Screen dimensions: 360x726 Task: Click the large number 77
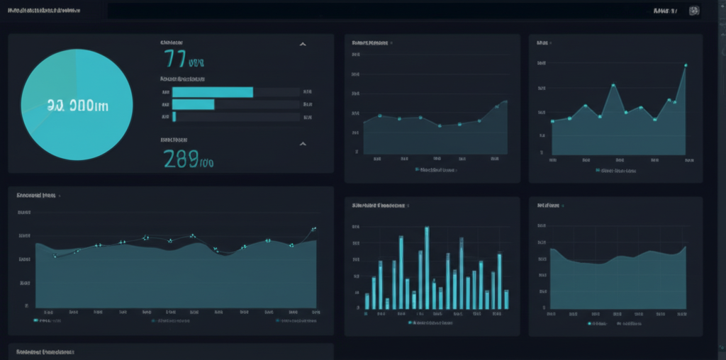tap(175, 58)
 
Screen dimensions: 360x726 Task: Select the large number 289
tap(181, 159)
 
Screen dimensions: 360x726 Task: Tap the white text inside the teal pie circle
tap(77, 106)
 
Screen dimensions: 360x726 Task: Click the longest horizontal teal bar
tap(213, 92)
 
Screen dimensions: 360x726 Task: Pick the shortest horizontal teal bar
tap(174, 116)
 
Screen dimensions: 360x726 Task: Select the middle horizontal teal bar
tap(194, 104)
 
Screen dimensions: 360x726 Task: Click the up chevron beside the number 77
tap(303, 44)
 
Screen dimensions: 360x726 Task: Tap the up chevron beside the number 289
tap(303, 144)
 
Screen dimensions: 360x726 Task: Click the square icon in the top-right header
tap(694, 11)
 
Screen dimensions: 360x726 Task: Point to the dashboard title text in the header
tap(44, 11)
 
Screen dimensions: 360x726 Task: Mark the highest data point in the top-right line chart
tap(686, 65)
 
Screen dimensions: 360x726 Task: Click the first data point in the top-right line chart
tap(552, 121)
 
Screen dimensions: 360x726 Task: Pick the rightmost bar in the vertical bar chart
tap(506, 299)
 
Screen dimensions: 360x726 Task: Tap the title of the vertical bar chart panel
tap(379, 206)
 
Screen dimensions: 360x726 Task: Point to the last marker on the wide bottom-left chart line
tap(314, 229)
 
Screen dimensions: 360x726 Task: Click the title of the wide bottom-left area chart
tap(37, 195)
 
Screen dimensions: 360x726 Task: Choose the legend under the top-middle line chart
tap(436, 170)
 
